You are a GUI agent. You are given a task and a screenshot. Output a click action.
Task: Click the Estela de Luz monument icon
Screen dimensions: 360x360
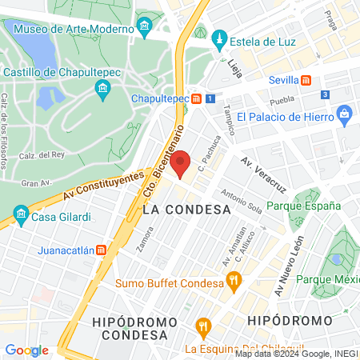(x=219, y=38)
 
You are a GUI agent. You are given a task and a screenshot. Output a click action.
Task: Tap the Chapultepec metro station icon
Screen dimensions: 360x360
(x=195, y=98)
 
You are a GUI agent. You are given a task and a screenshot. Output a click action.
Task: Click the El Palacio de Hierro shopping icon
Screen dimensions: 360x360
(x=344, y=113)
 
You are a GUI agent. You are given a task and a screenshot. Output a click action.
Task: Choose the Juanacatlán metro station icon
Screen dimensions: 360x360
(x=101, y=250)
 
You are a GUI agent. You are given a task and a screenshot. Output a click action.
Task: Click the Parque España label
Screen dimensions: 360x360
(x=303, y=206)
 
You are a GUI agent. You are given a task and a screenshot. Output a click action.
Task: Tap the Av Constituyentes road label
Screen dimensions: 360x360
(x=108, y=185)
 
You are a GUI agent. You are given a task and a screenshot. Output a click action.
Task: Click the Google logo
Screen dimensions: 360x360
(x=26, y=350)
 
